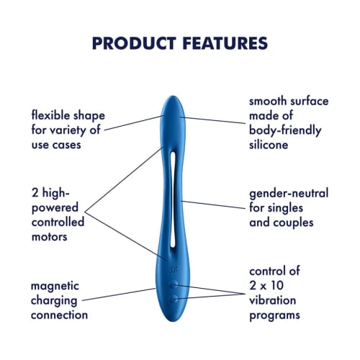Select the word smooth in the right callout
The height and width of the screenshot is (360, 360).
tap(270, 102)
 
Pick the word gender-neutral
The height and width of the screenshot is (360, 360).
tap(289, 194)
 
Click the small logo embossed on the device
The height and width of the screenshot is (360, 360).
tap(171, 268)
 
